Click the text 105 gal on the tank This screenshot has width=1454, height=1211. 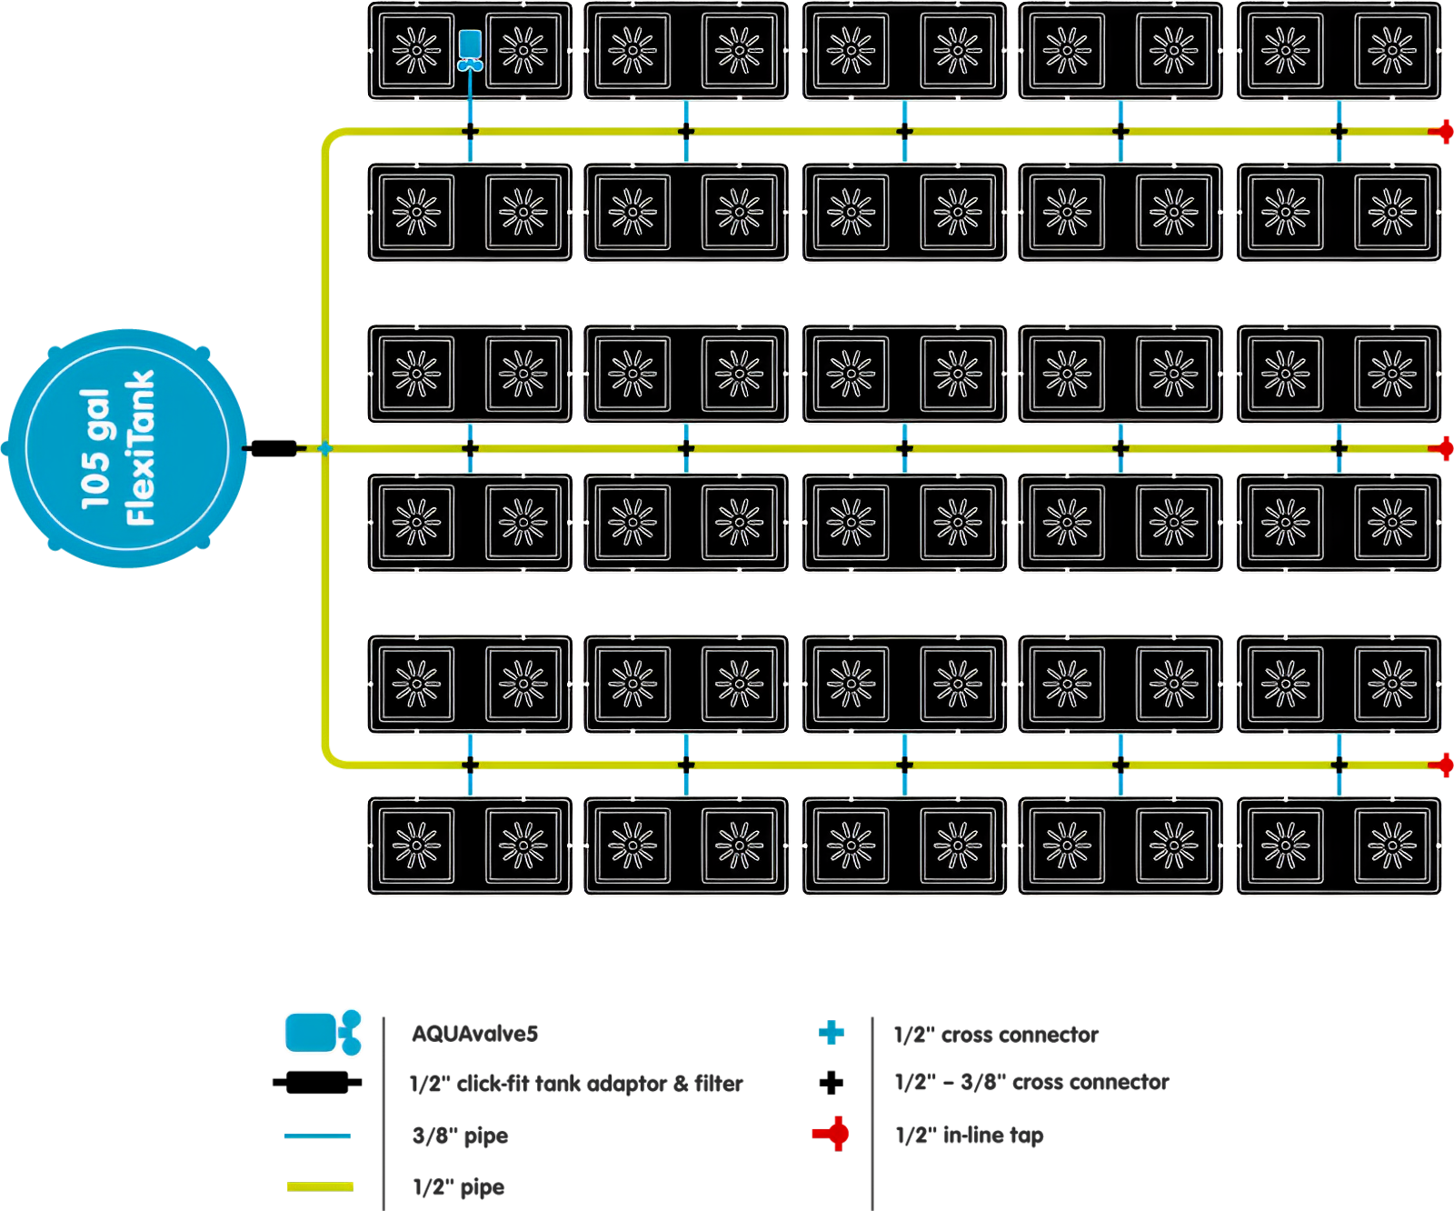95,448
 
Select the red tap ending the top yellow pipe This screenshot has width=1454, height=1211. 1443,132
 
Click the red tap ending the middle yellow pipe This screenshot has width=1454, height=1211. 1443,448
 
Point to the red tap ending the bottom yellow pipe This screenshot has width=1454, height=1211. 1443,766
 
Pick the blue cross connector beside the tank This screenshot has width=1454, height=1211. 324,448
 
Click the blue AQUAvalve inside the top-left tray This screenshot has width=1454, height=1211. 470,49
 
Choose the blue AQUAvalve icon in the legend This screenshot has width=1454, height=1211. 324,1033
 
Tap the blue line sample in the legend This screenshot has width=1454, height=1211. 317,1136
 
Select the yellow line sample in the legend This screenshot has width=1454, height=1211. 320,1186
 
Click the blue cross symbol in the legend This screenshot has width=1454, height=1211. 831,1033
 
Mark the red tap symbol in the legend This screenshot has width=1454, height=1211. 831,1134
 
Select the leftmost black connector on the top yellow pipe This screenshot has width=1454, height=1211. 470,132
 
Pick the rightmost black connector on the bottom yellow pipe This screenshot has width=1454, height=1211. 1339,766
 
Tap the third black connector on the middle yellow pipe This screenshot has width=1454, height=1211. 904,448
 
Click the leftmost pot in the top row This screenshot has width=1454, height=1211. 417,51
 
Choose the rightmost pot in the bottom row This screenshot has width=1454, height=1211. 1391,846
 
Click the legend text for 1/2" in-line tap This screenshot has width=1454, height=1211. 970,1135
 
